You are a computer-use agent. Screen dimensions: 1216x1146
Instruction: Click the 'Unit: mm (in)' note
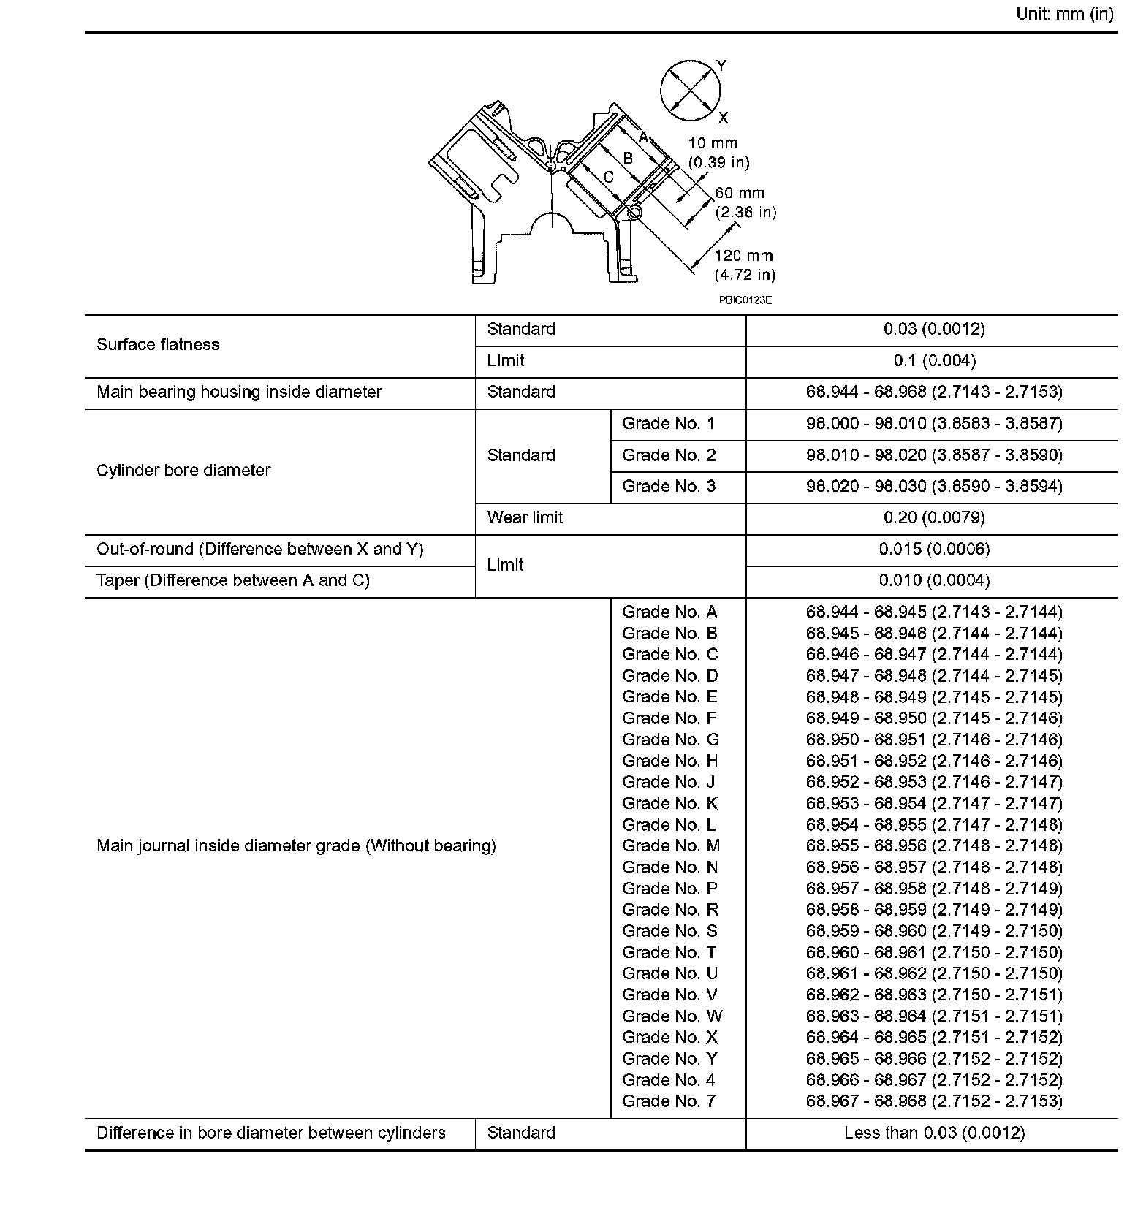[1064, 15]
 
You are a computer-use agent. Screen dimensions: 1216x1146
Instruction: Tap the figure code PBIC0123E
[745, 300]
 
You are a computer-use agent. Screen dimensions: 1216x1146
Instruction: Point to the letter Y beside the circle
[721, 65]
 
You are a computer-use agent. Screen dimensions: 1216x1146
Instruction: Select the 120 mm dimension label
[744, 256]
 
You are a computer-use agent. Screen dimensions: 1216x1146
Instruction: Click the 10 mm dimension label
[713, 144]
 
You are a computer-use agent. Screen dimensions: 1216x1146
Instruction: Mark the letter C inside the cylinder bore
[608, 177]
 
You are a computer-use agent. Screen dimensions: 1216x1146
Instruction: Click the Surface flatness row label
[158, 345]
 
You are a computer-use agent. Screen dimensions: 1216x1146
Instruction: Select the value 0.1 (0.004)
[934, 361]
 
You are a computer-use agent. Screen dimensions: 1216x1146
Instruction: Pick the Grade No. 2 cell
[669, 455]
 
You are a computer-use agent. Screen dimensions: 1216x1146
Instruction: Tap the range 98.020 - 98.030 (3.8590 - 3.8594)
[934, 487]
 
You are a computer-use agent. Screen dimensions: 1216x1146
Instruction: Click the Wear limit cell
[525, 518]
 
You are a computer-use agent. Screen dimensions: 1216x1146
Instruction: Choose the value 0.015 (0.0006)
[934, 550]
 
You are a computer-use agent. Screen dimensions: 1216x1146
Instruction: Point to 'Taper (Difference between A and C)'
[233, 581]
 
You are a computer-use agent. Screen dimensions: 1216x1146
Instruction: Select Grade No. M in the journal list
[670, 846]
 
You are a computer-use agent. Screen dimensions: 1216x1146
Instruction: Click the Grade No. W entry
[672, 1016]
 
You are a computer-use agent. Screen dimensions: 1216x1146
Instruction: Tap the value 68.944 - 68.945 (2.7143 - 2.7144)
[934, 612]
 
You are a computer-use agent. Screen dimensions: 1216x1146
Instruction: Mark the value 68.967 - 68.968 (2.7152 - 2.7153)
[934, 1101]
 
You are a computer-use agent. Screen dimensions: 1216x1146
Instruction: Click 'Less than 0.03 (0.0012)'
[934, 1133]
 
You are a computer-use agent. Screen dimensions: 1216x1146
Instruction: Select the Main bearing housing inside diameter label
[239, 392]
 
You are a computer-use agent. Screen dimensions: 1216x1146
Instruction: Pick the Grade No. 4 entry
[668, 1080]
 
